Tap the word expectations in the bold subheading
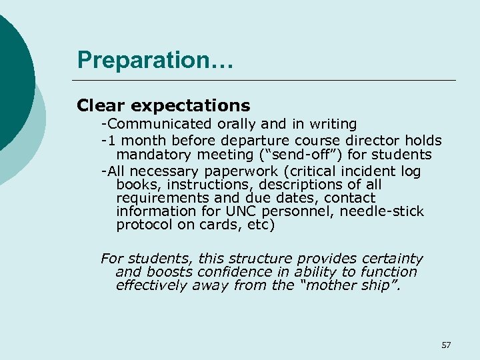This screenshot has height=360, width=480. click(x=193, y=105)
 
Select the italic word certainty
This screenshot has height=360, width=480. click(x=392, y=259)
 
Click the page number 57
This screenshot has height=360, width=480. click(x=446, y=345)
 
